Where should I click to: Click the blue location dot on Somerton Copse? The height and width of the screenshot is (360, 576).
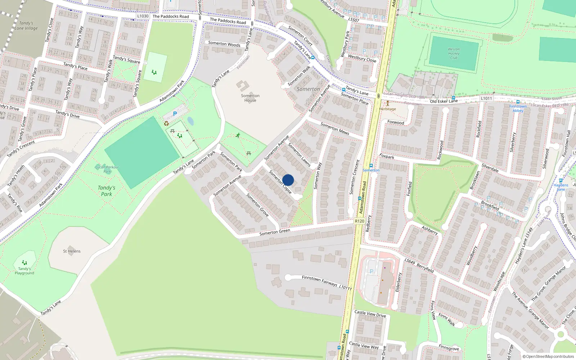tap(288, 180)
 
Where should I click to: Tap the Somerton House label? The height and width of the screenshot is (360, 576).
tap(250, 98)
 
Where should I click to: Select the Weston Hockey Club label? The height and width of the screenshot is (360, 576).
tap(454, 53)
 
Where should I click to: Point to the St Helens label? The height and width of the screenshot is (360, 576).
tap(72, 251)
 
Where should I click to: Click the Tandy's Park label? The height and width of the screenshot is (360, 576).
tap(107, 191)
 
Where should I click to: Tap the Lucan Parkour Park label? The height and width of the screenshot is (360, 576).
tap(107, 169)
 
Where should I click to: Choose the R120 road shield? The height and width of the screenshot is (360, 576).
tap(359, 221)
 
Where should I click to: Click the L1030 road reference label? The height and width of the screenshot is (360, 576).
tap(143, 16)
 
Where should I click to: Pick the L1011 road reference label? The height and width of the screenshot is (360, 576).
tap(486, 98)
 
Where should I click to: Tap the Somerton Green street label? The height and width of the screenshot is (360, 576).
tap(275, 232)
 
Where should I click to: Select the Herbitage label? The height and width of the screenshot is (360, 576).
tap(387, 109)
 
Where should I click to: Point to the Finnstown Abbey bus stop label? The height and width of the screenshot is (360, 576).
tap(518, 108)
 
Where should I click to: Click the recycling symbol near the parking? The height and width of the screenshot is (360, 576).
tap(166, 123)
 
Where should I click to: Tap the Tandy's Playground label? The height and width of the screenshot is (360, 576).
tap(24, 271)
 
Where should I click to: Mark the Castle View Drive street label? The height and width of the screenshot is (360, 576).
tap(370, 314)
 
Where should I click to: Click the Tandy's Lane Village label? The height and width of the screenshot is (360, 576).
tap(26, 26)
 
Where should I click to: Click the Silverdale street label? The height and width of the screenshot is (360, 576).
tap(490, 168)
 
